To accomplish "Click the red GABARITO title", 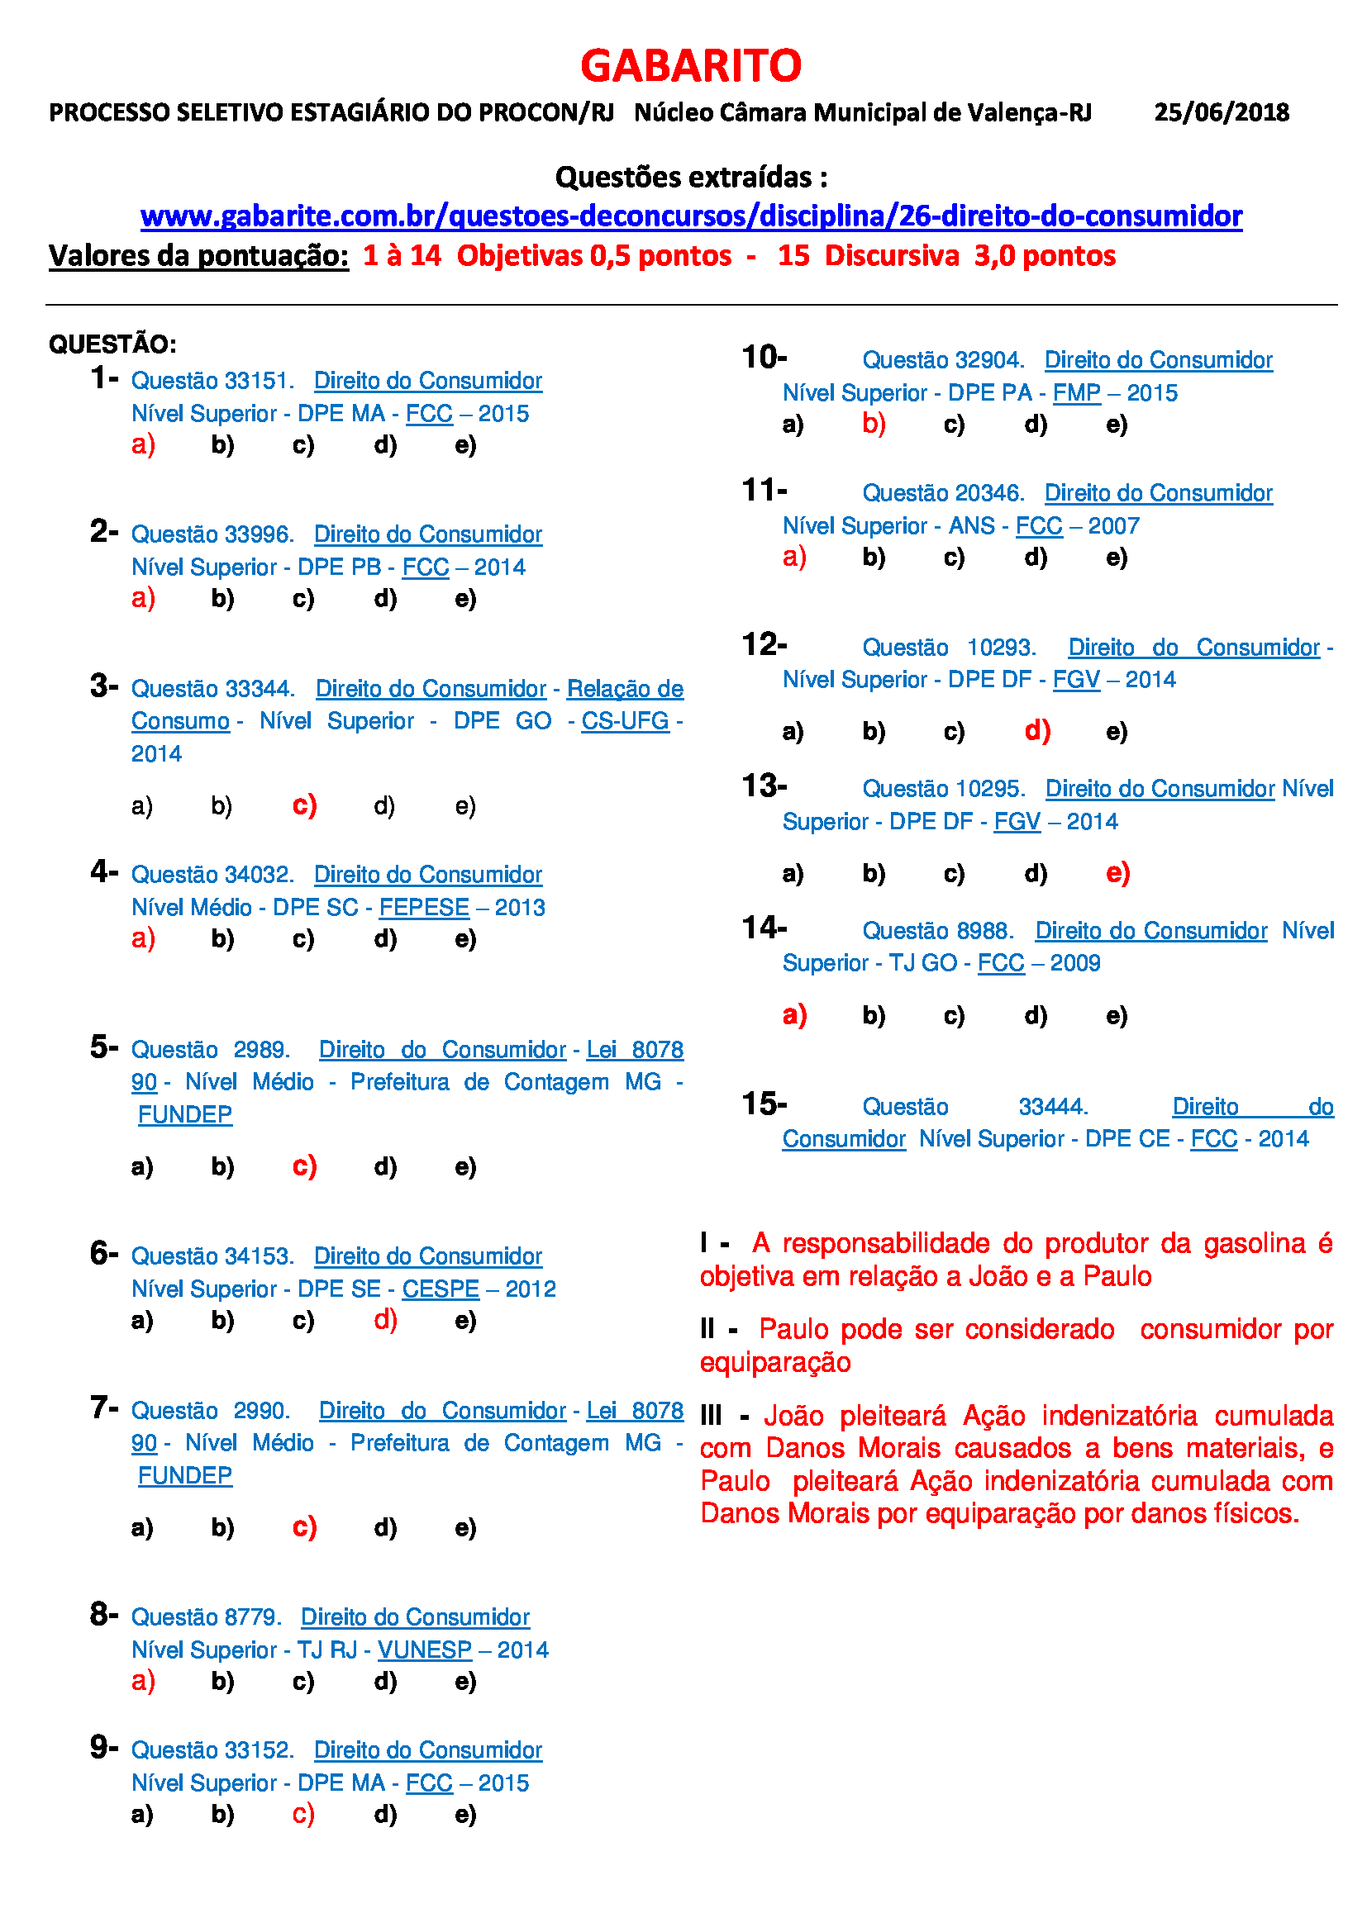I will pos(690,65).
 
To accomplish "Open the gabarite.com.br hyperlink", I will pos(691,216).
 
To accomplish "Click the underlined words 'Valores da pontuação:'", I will pos(198,256).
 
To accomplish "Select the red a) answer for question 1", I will pos(143,444).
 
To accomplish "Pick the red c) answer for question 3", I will pos(304,805).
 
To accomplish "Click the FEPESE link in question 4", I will pos(424,907).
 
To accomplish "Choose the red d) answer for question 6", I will pos(385,1319).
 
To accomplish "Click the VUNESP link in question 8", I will pos(424,1650).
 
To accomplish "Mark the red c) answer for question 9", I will pos(303,1813).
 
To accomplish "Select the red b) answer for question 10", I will pos(874,424).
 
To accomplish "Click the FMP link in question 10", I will pos(1077,393).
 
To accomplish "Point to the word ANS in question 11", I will pos(971,526).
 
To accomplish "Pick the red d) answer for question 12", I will pos(1037,730).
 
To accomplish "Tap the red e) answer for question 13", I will pos(1117,872).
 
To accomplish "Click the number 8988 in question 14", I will pos(984,931).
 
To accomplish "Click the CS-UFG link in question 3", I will pos(625,721).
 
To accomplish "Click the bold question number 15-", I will pos(764,1104).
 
